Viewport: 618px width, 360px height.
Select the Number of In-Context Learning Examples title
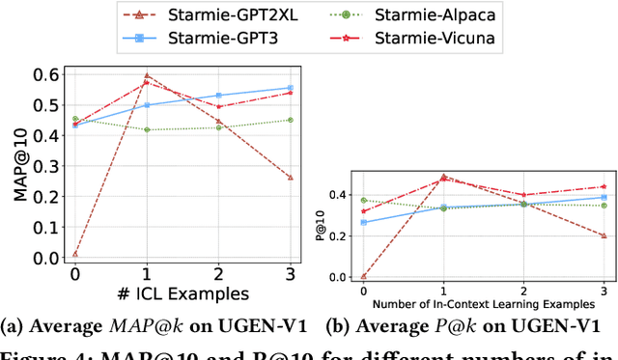tap(483, 300)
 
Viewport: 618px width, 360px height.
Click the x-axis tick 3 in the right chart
tap(604, 288)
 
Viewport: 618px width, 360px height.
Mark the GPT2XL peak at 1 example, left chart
tap(146, 75)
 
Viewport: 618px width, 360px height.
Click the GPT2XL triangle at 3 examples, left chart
tap(292, 178)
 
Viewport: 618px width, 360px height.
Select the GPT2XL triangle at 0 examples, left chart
tap(73, 254)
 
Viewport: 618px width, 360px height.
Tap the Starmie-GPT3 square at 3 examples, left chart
tap(292, 88)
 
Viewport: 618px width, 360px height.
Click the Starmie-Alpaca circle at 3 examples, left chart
tap(292, 120)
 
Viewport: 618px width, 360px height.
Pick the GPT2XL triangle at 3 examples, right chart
tap(604, 235)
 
